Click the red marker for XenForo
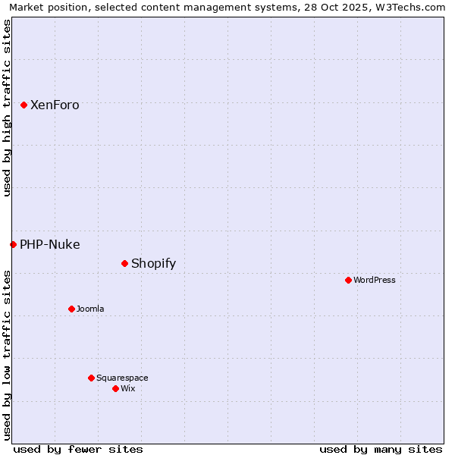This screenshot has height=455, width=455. [x=24, y=105]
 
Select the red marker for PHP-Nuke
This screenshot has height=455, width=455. [x=14, y=244]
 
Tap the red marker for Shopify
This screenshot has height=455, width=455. [x=125, y=263]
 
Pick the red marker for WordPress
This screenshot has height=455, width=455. [x=348, y=280]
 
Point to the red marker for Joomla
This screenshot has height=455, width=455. [x=72, y=309]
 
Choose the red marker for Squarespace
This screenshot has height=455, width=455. [x=92, y=378]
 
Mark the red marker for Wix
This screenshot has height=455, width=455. [x=115, y=388]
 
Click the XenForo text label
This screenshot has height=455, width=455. [x=55, y=105]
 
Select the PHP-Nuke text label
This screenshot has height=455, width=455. [x=50, y=245]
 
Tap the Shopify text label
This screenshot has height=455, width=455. [x=153, y=264]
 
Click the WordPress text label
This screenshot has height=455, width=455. [x=375, y=281]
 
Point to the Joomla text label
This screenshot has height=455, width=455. [x=90, y=309]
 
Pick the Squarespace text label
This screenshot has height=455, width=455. [x=122, y=378]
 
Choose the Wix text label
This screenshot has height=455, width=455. [x=128, y=389]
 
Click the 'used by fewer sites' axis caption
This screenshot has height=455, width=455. [x=78, y=449]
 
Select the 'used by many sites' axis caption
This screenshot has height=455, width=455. [x=381, y=449]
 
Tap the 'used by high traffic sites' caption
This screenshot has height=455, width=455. [x=8, y=108]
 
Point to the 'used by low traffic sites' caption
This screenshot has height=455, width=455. [x=8, y=355]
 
